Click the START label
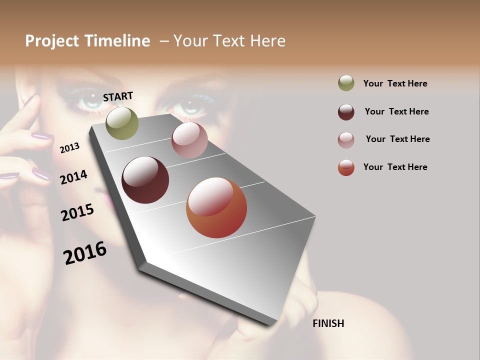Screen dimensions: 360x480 click(118, 96)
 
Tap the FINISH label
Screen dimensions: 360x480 click(328, 323)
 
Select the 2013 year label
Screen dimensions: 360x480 click(70, 147)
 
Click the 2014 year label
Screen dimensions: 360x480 click(73, 177)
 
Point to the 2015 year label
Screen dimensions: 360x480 click(77, 212)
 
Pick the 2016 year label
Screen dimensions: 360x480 click(85, 252)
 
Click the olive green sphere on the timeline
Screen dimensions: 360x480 click(122, 123)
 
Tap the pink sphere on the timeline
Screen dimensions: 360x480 click(189, 140)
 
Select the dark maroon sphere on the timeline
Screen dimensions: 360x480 click(145, 180)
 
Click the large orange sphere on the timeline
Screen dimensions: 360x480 click(216, 207)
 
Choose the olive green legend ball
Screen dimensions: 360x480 click(346, 83)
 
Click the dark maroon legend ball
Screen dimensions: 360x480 click(346, 111)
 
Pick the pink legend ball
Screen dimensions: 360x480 click(346, 139)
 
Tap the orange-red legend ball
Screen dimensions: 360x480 click(346, 167)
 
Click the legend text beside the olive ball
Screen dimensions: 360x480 click(395, 83)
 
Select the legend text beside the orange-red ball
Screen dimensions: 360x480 click(395, 167)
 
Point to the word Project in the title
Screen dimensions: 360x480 click(52, 41)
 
